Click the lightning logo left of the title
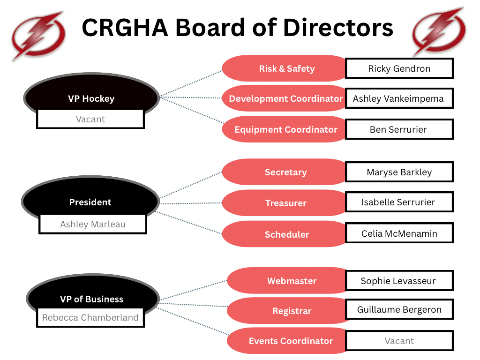38,36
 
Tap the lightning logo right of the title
439,32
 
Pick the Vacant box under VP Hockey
90,119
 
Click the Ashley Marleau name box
92,224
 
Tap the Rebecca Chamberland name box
90,317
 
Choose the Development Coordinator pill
285,98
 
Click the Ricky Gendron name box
399,68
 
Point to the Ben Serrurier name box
399,129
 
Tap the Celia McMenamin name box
399,233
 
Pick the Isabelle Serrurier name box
399,202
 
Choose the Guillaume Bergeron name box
399,309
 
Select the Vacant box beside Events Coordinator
399,341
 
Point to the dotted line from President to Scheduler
188,223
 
